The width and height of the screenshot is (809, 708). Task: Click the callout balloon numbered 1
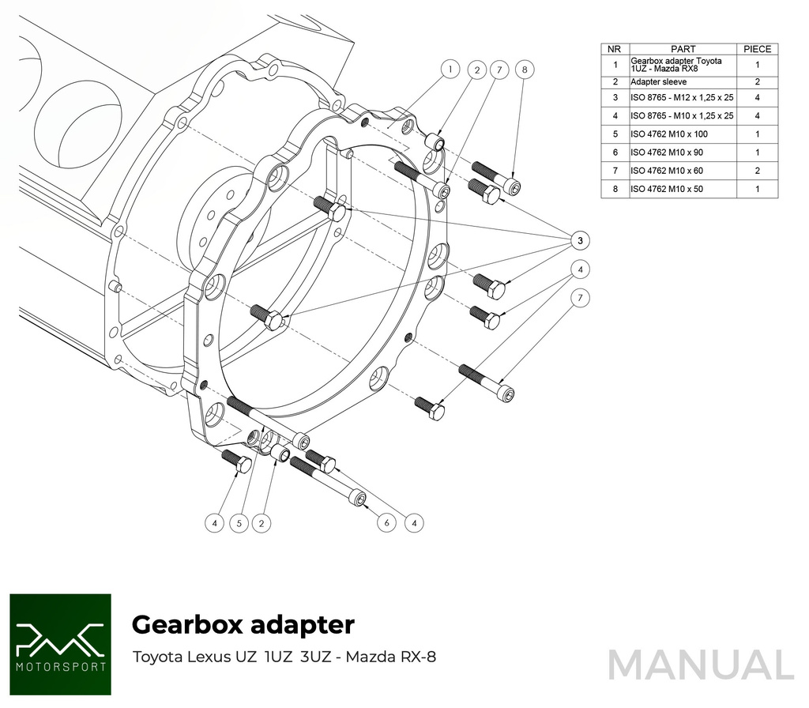click(449, 69)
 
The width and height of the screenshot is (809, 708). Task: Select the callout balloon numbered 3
click(580, 239)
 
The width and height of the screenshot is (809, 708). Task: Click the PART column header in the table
click(683, 49)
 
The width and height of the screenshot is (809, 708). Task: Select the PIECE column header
click(757, 49)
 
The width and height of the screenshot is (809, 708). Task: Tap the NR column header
click(615, 49)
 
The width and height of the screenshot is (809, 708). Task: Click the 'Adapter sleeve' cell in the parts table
click(658, 81)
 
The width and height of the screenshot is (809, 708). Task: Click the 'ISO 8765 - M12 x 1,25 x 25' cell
click(682, 97)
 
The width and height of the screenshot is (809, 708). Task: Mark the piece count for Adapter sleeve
click(757, 81)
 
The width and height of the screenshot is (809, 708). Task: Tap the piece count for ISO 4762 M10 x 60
click(757, 171)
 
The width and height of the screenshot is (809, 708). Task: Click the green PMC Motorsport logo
click(60, 644)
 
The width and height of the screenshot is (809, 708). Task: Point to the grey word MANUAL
click(701, 665)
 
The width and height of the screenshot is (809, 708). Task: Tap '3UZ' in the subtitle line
click(315, 657)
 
